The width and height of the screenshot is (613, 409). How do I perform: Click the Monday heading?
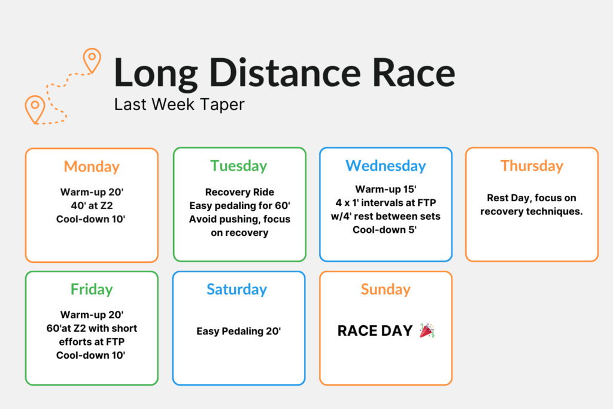92,167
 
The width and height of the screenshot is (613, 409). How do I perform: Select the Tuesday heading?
239,166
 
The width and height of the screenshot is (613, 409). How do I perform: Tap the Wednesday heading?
386,166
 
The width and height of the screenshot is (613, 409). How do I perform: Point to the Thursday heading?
532,166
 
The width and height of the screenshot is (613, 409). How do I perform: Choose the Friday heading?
92,290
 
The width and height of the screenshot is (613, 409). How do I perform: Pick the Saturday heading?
237,290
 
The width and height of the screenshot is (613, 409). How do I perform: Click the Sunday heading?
386,290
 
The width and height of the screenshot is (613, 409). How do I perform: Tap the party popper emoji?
427,331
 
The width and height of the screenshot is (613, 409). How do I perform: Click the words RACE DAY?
375,331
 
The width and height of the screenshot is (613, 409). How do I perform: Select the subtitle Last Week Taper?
179,105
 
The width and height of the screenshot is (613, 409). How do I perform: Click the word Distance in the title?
284,72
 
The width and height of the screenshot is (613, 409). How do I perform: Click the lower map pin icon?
35,110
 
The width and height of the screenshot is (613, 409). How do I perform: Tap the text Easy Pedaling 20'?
238,332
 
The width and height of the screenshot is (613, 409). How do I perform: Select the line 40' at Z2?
92,205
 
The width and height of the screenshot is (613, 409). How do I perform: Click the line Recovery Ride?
239,192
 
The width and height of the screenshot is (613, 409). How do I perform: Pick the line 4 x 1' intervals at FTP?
386,203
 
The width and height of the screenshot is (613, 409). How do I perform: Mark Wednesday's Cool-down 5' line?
385,230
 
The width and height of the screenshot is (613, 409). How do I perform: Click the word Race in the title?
414,72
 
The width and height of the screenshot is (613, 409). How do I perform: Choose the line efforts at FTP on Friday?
92,342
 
